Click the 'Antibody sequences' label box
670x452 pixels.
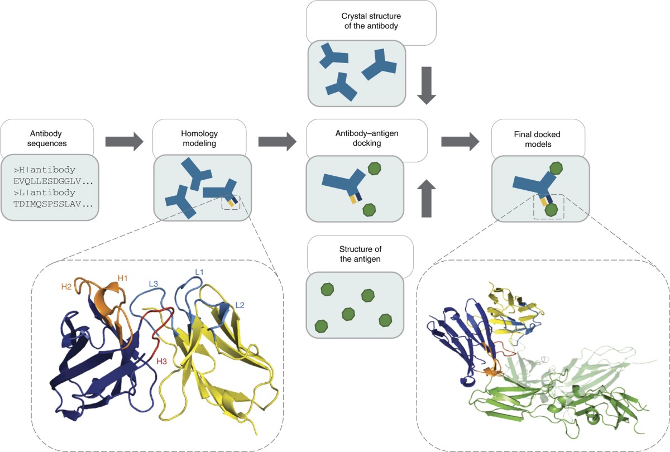coord(46,137)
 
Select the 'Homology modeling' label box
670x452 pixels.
coord(199,137)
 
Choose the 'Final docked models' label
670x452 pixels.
coord(538,137)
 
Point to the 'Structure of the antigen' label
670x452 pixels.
coord(360,253)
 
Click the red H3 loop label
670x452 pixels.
coord(162,360)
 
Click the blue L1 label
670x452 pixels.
coord(198,272)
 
